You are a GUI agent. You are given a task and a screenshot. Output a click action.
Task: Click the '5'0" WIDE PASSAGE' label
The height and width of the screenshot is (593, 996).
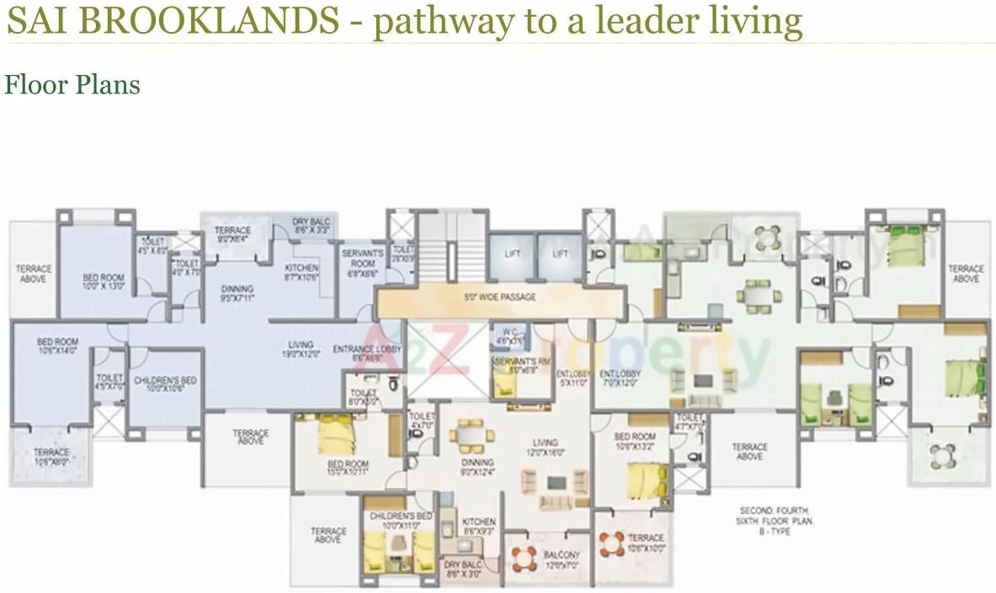coord(499,297)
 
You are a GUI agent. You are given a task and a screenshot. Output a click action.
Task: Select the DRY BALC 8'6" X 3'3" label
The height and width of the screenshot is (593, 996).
coord(312,226)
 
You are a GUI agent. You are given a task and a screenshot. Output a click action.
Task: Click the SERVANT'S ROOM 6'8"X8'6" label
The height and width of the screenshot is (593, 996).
coord(363,257)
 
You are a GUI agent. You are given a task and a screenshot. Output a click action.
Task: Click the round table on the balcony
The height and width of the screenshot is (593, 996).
coord(525,557)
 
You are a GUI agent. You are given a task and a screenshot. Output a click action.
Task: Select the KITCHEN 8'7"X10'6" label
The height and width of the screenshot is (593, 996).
coord(301,273)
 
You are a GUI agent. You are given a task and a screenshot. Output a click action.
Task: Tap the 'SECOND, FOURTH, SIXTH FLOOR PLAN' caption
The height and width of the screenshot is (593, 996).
coord(777,516)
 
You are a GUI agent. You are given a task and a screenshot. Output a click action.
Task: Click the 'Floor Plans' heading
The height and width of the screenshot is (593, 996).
coord(72,85)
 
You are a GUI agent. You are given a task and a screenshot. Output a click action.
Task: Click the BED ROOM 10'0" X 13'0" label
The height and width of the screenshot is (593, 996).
coord(103,281)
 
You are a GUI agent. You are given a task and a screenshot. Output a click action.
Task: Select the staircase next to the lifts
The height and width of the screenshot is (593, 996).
coord(452,249)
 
